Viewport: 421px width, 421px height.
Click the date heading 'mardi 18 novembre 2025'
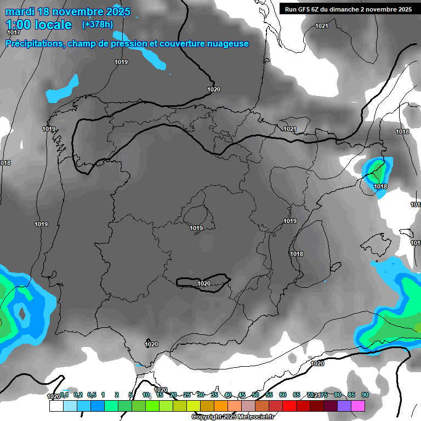(68, 12)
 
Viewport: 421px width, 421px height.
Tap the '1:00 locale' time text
(39, 25)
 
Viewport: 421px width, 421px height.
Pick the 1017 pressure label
(13, 33)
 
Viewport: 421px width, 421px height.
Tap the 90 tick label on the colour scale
(365, 395)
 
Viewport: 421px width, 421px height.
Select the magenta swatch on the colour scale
(358, 406)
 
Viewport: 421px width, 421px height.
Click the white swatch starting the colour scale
(56, 406)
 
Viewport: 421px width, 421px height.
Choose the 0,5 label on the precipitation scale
(92, 395)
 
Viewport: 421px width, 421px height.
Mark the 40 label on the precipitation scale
(228, 395)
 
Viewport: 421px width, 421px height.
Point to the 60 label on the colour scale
(283, 395)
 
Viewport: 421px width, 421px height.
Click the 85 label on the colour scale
(351, 395)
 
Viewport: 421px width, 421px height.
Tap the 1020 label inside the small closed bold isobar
(203, 283)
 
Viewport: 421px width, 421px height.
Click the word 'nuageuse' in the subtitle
(229, 44)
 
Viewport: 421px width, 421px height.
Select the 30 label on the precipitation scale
(201, 395)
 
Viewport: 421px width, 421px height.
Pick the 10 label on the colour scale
(146, 395)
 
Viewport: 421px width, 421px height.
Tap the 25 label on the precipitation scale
(187, 395)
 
